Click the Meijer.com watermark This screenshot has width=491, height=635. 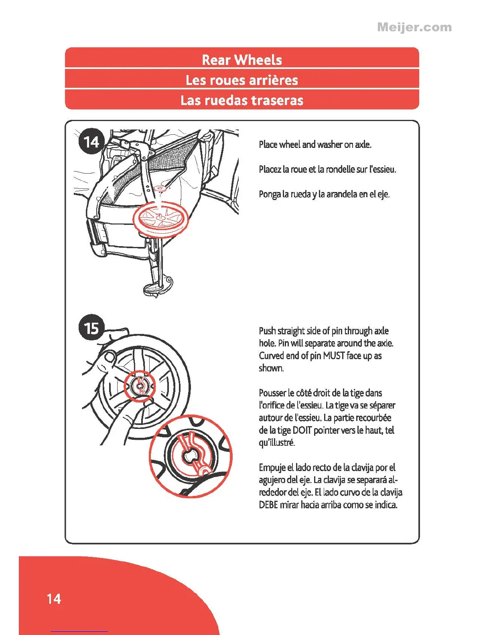point(414,27)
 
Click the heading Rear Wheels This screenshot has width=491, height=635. point(242,60)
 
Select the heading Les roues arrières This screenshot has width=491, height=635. point(242,80)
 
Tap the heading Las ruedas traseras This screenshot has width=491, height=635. point(242,100)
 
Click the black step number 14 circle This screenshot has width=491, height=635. point(91,142)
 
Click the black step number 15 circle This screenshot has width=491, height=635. point(91,328)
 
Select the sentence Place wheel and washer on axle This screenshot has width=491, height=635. point(315,144)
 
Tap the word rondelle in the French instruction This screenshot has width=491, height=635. point(341,169)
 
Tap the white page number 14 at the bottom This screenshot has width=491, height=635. point(54,599)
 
